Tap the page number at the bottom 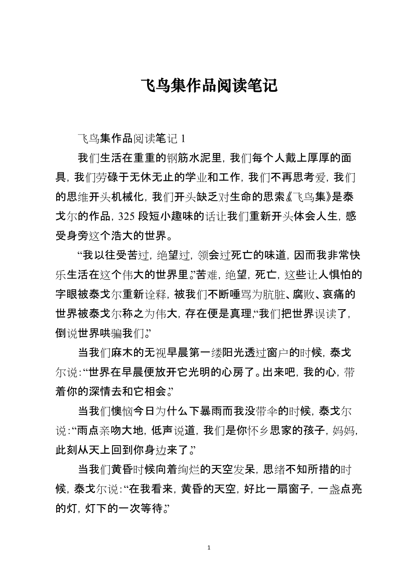(207, 548)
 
